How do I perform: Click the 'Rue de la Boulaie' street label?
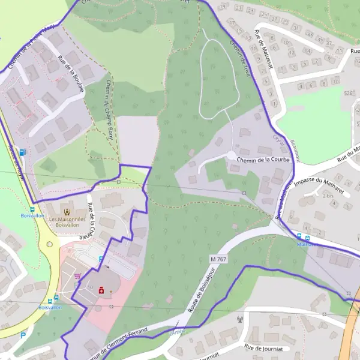(x=71, y=73)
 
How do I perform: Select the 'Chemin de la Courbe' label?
(x=263, y=160)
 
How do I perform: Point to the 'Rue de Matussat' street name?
(x=264, y=49)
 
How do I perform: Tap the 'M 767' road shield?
(x=218, y=258)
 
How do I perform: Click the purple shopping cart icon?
(x=78, y=276)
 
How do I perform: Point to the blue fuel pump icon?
(x=22, y=152)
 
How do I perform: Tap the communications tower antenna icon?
(x=239, y=319)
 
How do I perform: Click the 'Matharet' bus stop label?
(x=307, y=244)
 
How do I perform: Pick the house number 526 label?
(x=348, y=93)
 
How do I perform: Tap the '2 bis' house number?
(x=328, y=196)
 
